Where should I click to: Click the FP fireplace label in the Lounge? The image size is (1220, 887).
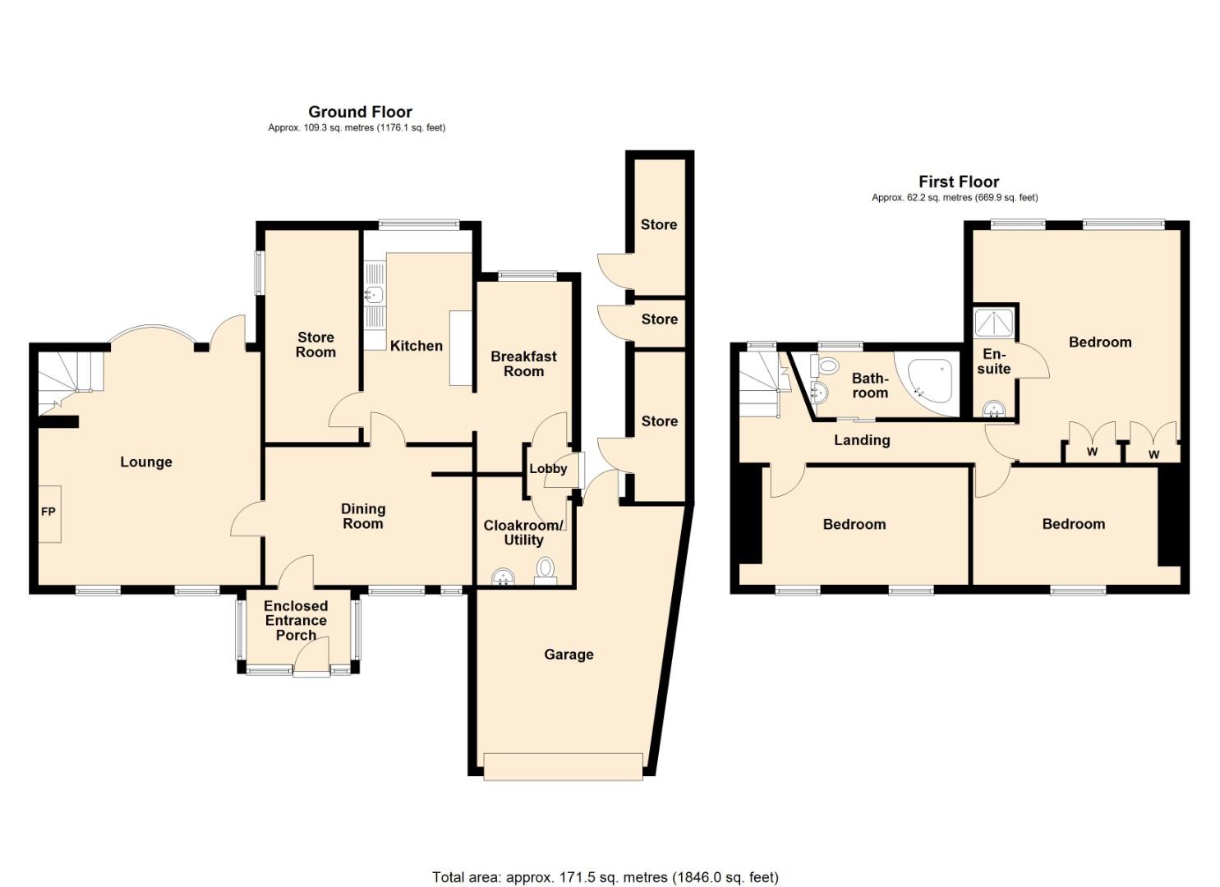48,512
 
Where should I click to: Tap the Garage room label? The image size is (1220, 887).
569,655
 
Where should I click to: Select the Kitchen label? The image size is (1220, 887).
416,346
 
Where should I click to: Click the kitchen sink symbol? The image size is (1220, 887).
375,294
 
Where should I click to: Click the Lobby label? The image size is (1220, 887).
548,468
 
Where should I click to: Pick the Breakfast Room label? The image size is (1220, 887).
523,364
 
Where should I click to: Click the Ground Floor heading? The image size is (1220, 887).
360,112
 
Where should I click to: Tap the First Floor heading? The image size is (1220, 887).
958,182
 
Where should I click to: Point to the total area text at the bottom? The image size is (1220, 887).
605,877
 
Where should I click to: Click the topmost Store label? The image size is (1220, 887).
659,224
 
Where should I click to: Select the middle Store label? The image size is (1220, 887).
659,319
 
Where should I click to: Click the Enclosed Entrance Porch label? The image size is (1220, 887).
296,620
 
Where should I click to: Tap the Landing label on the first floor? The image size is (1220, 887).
862,440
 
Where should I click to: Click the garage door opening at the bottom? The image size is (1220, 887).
564,765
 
